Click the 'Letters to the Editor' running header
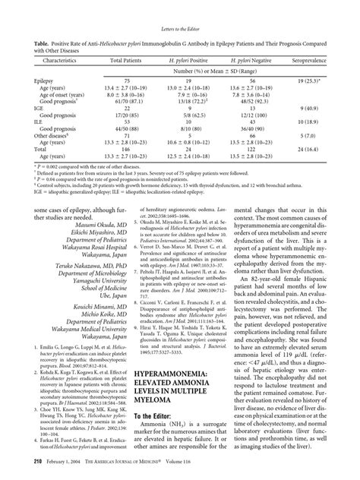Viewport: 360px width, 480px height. [179, 9]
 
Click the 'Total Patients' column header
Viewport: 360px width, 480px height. [128, 57]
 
